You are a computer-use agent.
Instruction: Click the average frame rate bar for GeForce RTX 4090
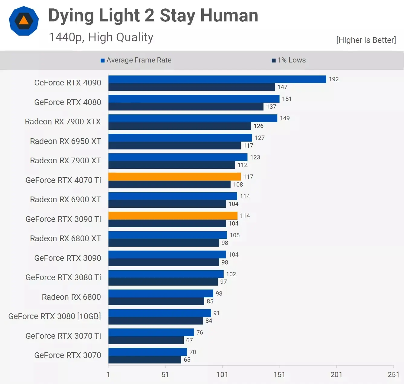pyautogui.click(x=217, y=79)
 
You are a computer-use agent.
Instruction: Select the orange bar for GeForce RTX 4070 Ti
pyautogui.click(x=174, y=177)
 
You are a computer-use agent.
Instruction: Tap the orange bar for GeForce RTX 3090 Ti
pyautogui.click(x=173, y=216)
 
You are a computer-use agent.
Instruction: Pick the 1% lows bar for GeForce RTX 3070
pyautogui.click(x=145, y=360)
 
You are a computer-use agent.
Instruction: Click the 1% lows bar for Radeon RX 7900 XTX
pyautogui.click(x=179, y=126)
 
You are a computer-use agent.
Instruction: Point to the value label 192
pyautogui.click(x=334, y=79)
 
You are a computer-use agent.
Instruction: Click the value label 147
pyautogui.click(x=282, y=87)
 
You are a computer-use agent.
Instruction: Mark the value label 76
pyautogui.click(x=200, y=332)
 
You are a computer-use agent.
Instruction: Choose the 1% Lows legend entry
pyautogui.click(x=289, y=60)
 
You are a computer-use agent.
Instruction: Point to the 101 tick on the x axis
pyautogui.click(x=222, y=375)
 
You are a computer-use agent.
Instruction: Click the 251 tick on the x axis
pyautogui.click(x=393, y=375)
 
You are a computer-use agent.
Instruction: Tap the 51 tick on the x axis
pyautogui.click(x=165, y=375)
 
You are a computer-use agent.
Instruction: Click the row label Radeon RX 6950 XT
pyautogui.click(x=65, y=141)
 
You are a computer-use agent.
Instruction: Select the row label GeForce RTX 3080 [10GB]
pyautogui.click(x=54, y=316)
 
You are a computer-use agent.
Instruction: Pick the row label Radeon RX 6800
pyautogui.click(x=71, y=297)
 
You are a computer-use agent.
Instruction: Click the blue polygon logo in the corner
pyautogui.click(x=24, y=21)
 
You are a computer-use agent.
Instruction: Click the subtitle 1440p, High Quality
pyautogui.click(x=101, y=37)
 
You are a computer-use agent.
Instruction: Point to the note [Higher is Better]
pyautogui.click(x=366, y=40)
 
